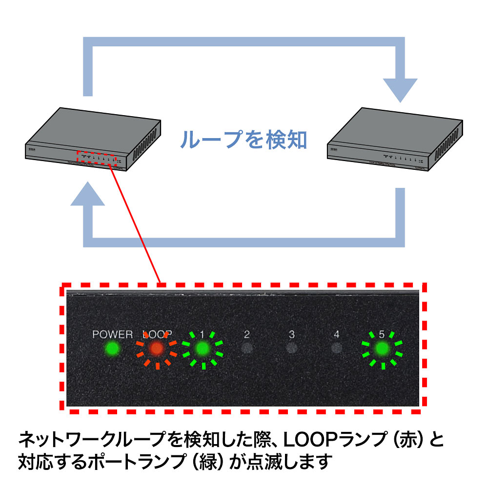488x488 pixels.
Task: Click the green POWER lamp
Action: (112, 348)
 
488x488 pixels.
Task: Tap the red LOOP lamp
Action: (157, 348)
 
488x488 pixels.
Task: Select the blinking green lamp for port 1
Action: (202, 348)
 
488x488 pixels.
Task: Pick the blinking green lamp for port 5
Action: (382, 348)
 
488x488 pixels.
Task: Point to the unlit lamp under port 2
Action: (247, 348)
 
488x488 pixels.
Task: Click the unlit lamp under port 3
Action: (292, 348)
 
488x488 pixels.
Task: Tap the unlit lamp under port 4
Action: (336, 348)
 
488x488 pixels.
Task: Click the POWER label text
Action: (113, 334)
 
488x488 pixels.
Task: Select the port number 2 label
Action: (247, 334)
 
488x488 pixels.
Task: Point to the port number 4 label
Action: (336, 334)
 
